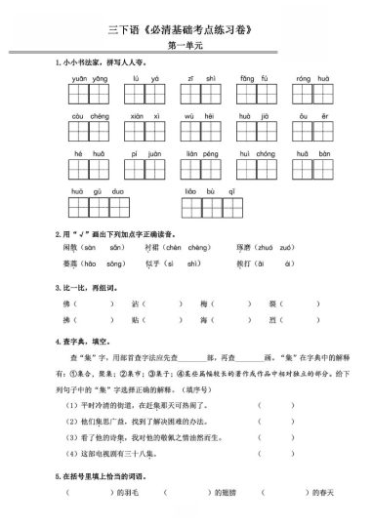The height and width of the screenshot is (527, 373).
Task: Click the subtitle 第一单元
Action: click(186, 44)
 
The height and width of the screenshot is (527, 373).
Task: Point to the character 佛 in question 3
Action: click(66, 304)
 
